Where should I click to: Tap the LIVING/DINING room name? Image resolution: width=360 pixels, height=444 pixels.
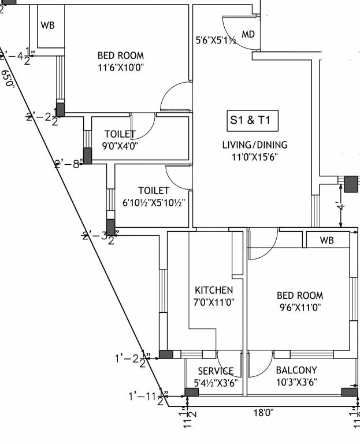pos(255,145)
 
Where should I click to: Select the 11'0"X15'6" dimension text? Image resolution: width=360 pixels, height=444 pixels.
pos(255,157)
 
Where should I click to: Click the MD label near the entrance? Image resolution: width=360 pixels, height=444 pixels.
pos(248,35)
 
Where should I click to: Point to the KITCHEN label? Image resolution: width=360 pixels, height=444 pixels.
pos(214,290)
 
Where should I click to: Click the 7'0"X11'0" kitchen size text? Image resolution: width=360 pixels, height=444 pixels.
pos(214,301)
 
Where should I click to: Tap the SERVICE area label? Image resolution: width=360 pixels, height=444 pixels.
pos(216,371)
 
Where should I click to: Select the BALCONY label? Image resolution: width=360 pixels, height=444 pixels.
pos(296,370)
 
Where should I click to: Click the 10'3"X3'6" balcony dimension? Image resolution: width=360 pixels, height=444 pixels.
pos(296,382)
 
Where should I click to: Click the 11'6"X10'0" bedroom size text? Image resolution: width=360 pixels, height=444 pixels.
pos(120,68)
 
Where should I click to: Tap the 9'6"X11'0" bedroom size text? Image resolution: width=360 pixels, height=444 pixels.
pos(299,308)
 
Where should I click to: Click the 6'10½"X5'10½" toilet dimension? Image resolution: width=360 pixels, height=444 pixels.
pos(154,202)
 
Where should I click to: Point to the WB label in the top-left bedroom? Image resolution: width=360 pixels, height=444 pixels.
pos(47,26)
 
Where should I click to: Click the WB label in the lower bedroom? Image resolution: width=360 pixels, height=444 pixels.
pos(327,239)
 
